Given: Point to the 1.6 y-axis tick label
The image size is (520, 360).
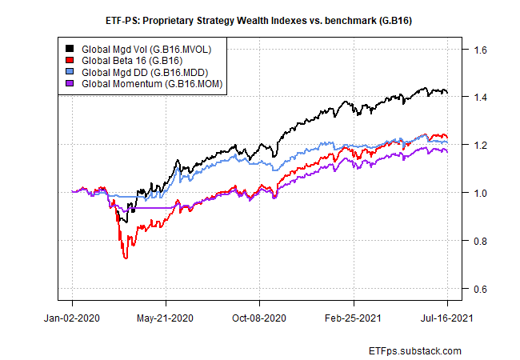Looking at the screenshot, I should pos(480,50).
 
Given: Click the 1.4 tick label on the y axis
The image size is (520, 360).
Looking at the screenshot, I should pos(480,98).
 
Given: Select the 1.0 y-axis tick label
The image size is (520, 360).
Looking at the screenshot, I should pos(480,193).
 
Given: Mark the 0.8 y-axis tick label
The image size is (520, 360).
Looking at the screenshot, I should pos(480,241).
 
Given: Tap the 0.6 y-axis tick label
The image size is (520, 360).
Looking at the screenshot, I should pos(480,289).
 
